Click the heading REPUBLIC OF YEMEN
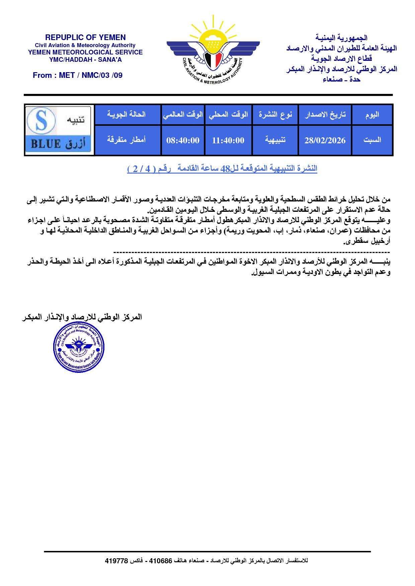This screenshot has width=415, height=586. pyautogui.click(x=85, y=37)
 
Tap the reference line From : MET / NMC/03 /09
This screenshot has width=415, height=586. pyautogui.click(x=78, y=75)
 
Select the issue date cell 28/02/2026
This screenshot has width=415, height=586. pyautogui.click(x=325, y=140)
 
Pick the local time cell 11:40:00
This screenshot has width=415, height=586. pyautogui.click(x=228, y=140)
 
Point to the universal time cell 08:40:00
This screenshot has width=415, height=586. pyautogui.click(x=183, y=140)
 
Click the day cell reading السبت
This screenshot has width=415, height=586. pyautogui.click(x=372, y=140)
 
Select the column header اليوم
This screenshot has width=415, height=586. pyautogui.click(x=372, y=115)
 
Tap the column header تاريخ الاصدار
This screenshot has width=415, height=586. pyautogui.click(x=325, y=115)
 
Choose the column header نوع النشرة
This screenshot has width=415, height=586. pyautogui.click(x=275, y=115)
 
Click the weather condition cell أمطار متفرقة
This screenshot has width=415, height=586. pyautogui.click(x=126, y=140)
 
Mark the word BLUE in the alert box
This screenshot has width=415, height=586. pyautogui.click(x=46, y=144)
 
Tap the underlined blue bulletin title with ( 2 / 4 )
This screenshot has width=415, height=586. pyautogui.click(x=222, y=169)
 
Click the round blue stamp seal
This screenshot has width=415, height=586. pyautogui.click(x=78, y=347)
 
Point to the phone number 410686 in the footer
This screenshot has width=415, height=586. pyautogui.click(x=160, y=561)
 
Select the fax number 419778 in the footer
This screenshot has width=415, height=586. pyautogui.click(x=116, y=561)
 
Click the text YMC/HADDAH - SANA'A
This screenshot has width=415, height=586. pyautogui.click(x=85, y=60)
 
